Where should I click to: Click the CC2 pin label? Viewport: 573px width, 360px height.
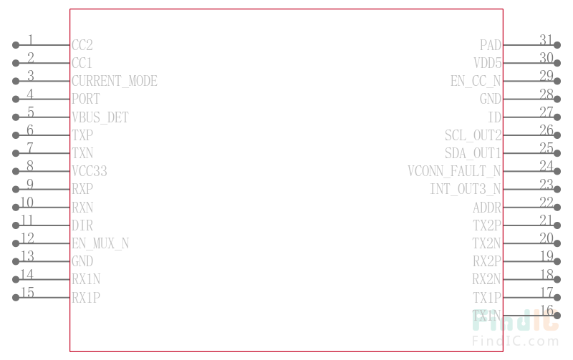pos(82,45)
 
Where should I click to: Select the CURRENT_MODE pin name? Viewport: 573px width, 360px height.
pos(115,81)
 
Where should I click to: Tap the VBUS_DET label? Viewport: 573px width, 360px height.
pos(100,117)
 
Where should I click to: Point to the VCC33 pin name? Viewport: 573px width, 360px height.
pos(90,171)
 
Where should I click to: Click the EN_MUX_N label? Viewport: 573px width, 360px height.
pos(100,243)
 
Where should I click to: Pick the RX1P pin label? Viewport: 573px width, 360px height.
pos(86,297)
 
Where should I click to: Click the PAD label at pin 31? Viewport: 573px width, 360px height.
pos(491,45)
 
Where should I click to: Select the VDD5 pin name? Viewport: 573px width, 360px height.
pos(488,63)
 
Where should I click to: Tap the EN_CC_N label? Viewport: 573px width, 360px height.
pos(476,81)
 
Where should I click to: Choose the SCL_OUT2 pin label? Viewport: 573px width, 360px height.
pos(473,135)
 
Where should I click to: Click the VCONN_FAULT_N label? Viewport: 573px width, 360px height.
pos(455,171)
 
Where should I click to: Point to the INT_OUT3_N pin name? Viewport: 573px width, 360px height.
pos(466,189)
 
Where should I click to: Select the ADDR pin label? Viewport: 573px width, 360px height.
pos(487,208)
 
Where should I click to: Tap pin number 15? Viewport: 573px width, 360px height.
pos(27,291)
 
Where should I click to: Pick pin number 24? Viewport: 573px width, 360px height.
pos(546,165)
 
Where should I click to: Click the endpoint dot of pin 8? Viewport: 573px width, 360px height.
pos(16,171)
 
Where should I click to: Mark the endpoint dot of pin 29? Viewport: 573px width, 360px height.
pos(557,81)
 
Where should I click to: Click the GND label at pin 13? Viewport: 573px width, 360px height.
pos(82,261)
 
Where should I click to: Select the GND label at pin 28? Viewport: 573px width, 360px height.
pos(491,99)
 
